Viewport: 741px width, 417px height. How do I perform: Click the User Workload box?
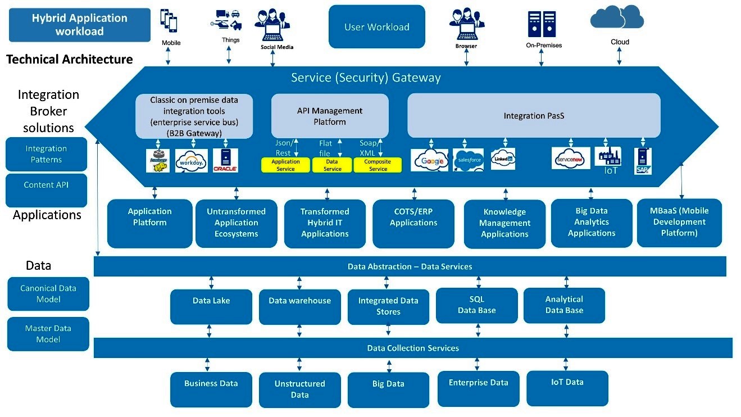376,26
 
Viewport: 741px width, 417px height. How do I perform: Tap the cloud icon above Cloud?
616,17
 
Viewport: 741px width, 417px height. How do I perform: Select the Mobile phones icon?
169,21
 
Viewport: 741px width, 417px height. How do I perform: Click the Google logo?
429,160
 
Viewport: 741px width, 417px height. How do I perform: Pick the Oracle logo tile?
225,160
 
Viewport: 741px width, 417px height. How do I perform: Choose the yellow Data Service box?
332,165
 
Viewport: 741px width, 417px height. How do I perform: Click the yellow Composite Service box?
378,165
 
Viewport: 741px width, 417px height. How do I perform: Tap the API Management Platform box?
330,116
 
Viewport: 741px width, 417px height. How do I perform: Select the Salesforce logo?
468,160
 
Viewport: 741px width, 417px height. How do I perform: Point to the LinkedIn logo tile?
503,159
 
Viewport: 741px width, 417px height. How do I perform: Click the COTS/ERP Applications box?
413,223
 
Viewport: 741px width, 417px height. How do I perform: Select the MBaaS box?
679,223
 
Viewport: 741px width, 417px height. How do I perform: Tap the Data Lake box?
211,306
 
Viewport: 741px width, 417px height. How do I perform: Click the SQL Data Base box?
476,305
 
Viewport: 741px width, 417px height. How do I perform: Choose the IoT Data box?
567,388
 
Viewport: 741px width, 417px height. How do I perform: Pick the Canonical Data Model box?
48,293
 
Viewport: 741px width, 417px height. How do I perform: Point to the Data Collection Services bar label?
413,348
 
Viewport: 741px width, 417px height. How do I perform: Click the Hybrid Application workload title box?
80,25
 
